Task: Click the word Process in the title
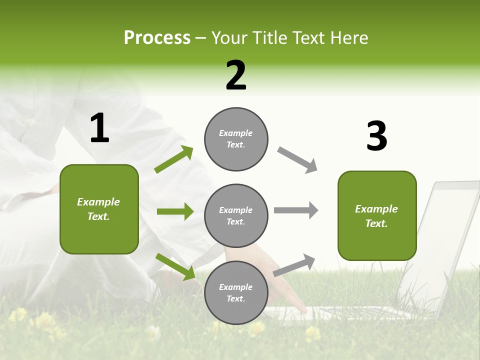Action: (157, 38)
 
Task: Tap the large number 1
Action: (99, 128)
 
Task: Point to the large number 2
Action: (236, 75)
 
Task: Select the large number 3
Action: (376, 136)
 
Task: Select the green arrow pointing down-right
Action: (175, 266)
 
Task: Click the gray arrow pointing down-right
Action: (297, 160)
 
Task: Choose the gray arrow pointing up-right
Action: (294, 265)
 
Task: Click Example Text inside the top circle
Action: (236, 139)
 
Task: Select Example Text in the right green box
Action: (376, 216)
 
